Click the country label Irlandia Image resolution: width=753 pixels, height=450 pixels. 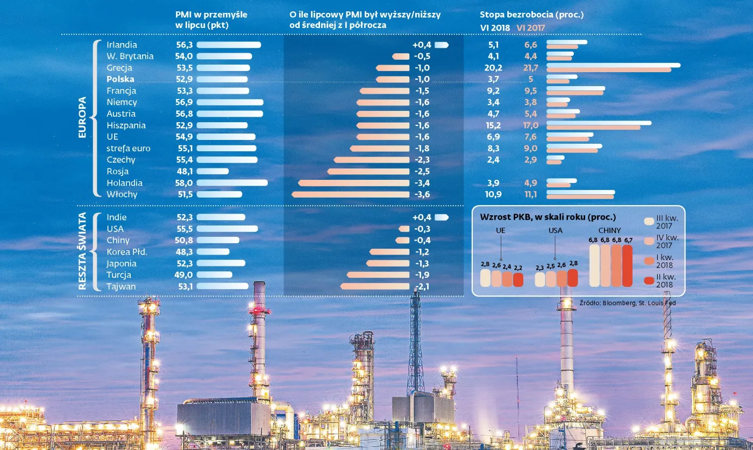122,45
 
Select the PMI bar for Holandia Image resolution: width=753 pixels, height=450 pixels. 232,183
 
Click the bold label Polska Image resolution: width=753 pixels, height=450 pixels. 120,79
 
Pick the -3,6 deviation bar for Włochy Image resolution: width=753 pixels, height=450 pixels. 350,194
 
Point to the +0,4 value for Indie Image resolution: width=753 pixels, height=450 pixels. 422,217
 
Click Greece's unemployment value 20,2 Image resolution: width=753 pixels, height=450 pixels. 493,68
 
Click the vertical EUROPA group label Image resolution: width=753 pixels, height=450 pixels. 82,117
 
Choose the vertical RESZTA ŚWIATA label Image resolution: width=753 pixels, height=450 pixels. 82,251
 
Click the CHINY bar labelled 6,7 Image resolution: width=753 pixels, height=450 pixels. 628,266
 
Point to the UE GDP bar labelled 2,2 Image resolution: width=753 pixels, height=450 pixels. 518,279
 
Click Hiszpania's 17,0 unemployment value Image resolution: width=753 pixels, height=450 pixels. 531,125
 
